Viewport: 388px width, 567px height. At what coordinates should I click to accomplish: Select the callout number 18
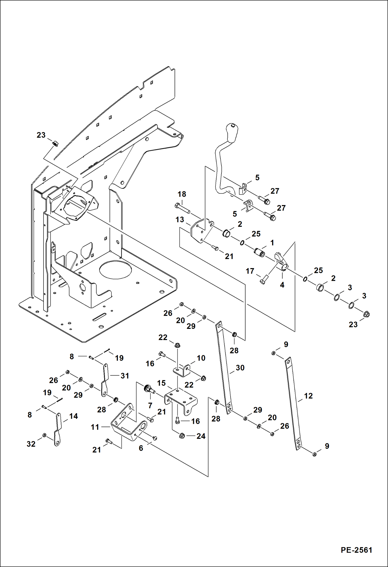[x=182, y=194]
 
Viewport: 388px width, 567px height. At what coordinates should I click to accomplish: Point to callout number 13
[x=179, y=220]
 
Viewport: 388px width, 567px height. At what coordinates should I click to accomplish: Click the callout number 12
[x=308, y=396]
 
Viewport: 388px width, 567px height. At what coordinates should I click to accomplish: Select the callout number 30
[x=240, y=368]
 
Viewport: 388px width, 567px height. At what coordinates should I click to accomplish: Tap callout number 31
[x=125, y=376]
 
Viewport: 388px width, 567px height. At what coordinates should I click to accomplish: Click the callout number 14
[x=73, y=416]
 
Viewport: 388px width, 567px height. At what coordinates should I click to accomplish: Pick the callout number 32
[x=31, y=444]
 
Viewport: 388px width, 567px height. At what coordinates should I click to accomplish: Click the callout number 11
[x=95, y=427]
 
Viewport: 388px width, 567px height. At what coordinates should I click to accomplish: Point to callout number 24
[x=201, y=436]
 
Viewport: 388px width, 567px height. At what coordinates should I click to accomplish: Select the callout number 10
[x=201, y=358]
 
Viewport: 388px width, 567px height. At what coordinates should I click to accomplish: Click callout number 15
[x=161, y=383]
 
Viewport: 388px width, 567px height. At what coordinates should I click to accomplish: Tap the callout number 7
[x=150, y=406]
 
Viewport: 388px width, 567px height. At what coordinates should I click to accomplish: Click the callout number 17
[x=250, y=271]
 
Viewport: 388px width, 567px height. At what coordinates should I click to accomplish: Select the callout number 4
[x=282, y=285]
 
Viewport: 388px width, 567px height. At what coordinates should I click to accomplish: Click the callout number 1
[x=272, y=243]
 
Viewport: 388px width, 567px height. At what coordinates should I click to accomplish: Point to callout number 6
[x=141, y=448]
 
